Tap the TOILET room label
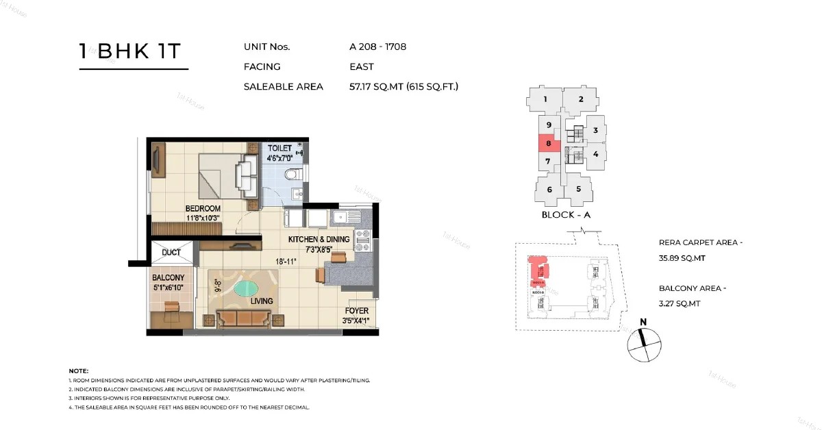tap(279, 148)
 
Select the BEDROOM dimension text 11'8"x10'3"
tap(203, 218)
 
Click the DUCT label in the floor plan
tap(171, 253)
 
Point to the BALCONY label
tap(169, 277)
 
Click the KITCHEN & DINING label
tap(319, 240)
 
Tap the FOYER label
tap(357, 311)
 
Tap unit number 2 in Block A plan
tap(580, 99)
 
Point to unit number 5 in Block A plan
tap(579, 189)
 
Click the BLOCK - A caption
tap(566, 214)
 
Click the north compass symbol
tap(643, 342)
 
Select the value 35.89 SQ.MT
tap(682, 258)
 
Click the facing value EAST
tap(362, 67)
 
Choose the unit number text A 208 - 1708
tap(378, 47)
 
